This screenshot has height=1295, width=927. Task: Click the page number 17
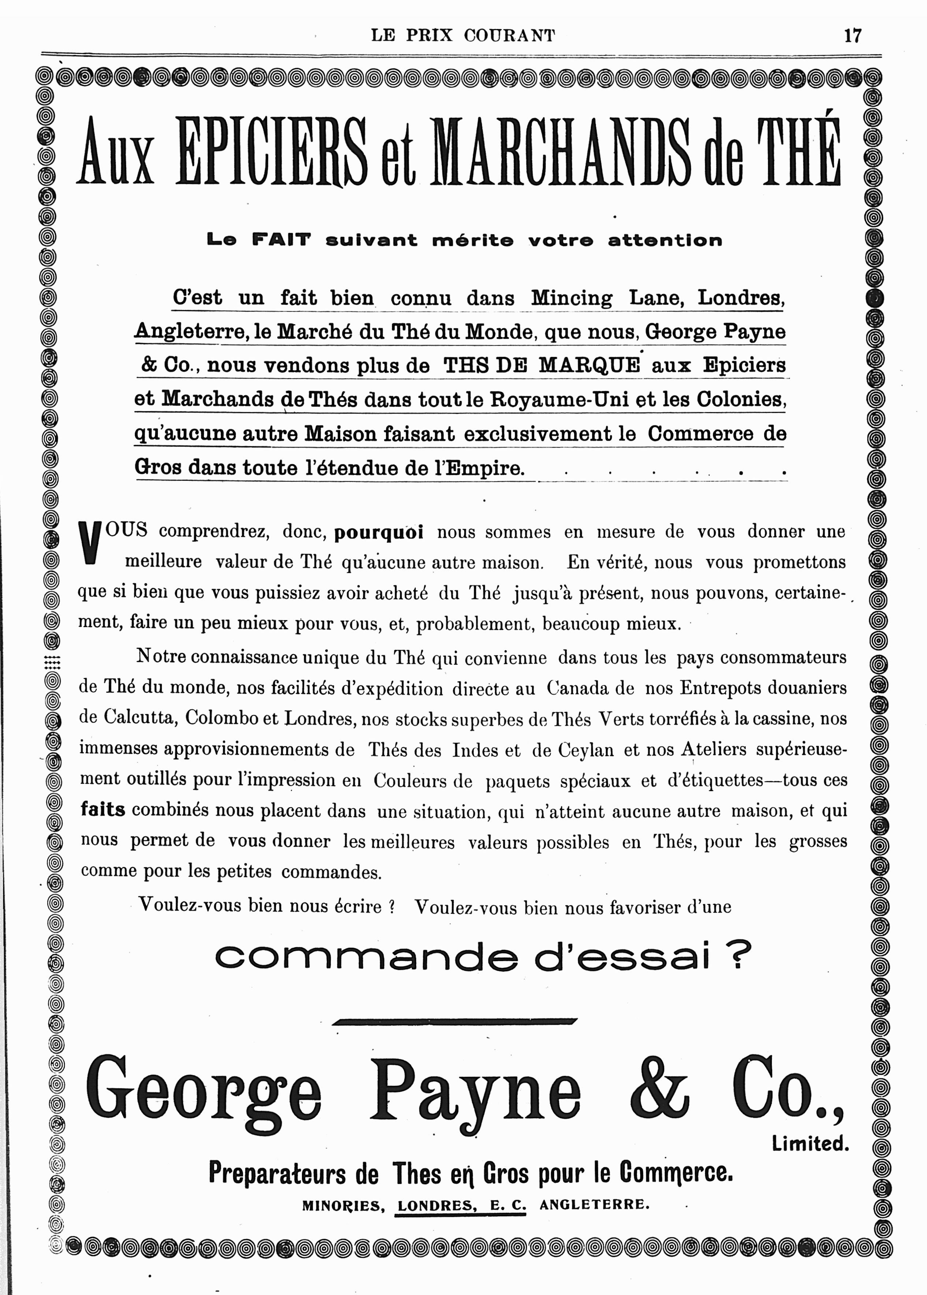(x=852, y=36)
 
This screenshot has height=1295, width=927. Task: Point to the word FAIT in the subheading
(x=282, y=240)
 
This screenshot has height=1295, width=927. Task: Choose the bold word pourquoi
(x=379, y=532)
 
